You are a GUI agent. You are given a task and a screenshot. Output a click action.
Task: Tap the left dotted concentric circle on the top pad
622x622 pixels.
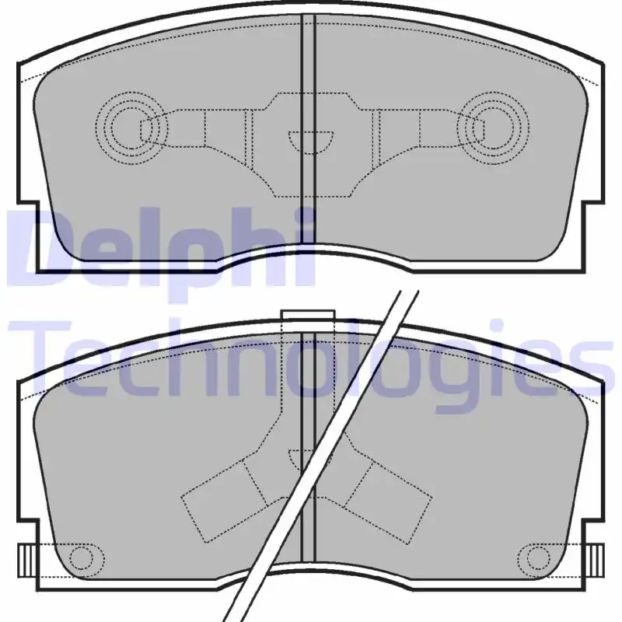pos(131,128)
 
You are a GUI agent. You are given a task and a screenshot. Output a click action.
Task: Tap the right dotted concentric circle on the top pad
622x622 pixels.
pos(493,128)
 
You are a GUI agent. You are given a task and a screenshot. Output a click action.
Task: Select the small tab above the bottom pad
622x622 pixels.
pos(308,315)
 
